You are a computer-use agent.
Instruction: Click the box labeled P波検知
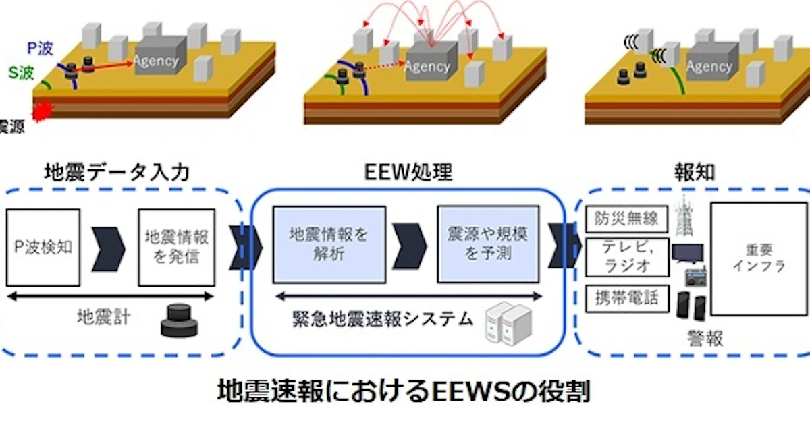pyautogui.click(x=44, y=248)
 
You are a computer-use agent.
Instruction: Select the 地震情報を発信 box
pyautogui.click(x=175, y=248)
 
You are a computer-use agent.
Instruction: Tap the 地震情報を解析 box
pyautogui.click(x=329, y=244)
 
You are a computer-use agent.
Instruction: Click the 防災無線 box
pyautogui.click(x=626, y=219)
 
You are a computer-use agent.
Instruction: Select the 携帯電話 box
pyautogui.click(x=626, y=297)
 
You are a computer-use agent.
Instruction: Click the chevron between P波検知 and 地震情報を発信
pyautogui.click(x=110, y=248)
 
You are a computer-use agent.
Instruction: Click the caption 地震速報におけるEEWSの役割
pyautogui.click(x=404, y=391)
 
